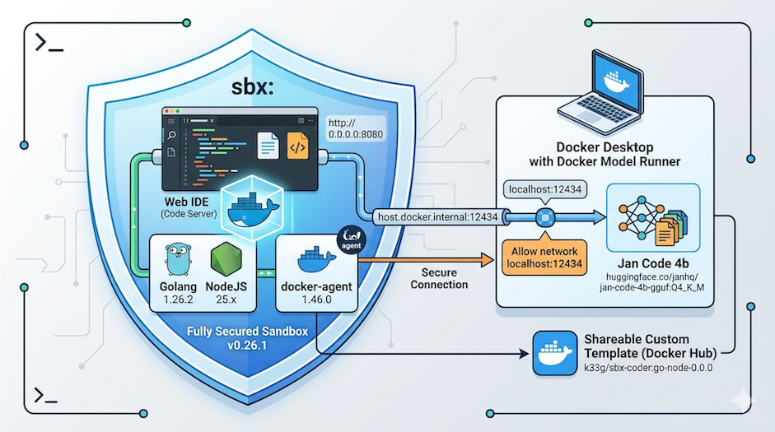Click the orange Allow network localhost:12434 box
click(544, 258)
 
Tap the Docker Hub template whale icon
click(555, 353)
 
